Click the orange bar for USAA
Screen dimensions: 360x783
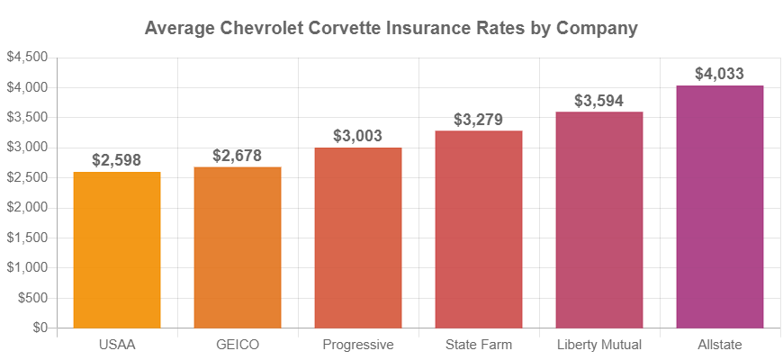point(117,250)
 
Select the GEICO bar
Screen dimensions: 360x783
point(238,247)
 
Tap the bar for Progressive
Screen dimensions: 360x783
point(358,238)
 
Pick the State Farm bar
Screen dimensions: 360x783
point(479,229)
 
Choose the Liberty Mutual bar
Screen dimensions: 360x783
point(599,220)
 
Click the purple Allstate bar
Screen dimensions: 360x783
point(720,207)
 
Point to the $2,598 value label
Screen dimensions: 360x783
point(117,160)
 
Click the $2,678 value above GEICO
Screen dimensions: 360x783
point(238,156)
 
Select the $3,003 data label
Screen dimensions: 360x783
point(358,136)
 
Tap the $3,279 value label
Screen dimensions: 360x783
point(479,120)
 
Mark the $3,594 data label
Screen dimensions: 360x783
point(599,101)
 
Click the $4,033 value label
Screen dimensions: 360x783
point(720,74)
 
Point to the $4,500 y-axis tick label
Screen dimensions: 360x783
point(27,58)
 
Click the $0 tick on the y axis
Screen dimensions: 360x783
point(40,328)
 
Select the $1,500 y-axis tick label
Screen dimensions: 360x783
point(27,238)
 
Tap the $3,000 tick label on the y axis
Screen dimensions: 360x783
point(27,148)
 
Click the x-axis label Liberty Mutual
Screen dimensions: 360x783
point(599,345)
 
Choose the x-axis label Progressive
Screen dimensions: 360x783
point(358,345)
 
